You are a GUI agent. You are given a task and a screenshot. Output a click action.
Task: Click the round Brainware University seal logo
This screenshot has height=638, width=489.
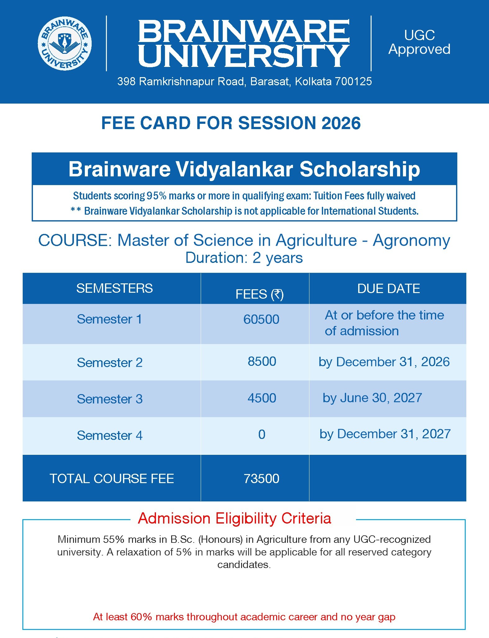tap(65, 44)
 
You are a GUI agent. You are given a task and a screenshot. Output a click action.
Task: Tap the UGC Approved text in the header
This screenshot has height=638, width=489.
tap(419, 42)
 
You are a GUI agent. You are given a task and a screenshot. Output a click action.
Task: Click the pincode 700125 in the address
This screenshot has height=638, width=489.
tap(353, 81)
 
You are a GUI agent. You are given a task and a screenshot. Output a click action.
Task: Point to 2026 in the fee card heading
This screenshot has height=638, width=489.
tap(341, 123)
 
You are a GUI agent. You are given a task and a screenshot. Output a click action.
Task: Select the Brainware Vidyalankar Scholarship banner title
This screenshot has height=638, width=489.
tap(244, 169)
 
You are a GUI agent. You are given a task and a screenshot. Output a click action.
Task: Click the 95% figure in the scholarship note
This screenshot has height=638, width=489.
tap(157, 196)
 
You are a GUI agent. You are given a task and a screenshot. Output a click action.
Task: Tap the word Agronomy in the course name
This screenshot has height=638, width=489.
tap(411, 240)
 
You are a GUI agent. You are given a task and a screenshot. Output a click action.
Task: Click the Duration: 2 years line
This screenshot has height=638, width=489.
tap(244, 258)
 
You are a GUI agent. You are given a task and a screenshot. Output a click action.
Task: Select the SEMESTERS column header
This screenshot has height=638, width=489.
tap(114, 288)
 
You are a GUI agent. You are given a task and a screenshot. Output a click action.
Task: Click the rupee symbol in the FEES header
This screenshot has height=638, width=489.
tap(277, 294)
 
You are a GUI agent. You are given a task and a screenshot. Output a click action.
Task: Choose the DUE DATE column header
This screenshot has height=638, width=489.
tap(388, 289)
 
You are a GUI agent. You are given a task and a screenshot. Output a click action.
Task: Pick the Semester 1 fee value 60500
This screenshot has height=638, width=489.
tap(261, 319)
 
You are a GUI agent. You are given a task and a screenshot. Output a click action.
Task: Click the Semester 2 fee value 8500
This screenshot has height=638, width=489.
tap(262, 361)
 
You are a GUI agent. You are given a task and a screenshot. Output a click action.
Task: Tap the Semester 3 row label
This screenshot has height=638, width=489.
tap(110, 399)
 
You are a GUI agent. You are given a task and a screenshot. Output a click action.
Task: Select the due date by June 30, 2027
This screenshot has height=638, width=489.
tap(372, 398)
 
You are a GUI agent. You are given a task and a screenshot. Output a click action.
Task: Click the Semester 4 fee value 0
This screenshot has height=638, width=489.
tap(262, 435)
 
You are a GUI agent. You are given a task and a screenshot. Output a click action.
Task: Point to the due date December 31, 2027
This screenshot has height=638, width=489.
tap(394, 434)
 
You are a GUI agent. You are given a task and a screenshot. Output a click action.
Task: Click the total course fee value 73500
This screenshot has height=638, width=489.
tap(261, 479)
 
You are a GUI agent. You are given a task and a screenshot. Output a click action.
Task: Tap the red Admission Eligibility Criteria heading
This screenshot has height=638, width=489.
tap(235, 519)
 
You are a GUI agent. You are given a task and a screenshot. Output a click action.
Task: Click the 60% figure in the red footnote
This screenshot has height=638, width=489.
tap(141, 617)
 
